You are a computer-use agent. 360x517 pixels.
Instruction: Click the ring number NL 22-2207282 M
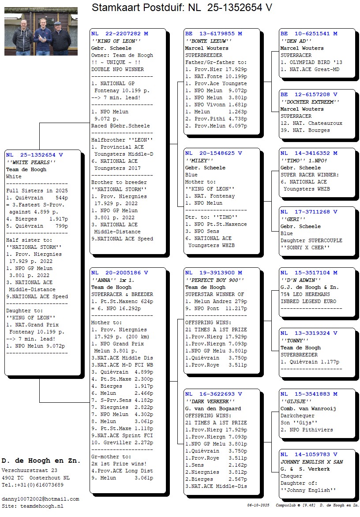[120, 34]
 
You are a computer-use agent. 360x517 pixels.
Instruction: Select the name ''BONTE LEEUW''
[208, 41]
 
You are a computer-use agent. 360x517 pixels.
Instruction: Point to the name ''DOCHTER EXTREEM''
[310, 102]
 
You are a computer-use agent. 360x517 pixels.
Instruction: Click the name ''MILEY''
[199, 161]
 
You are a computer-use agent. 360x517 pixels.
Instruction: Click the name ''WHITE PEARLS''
[30, 162]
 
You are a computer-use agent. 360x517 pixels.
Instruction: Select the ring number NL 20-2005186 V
[120, 273]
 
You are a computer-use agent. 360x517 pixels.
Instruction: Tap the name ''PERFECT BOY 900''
[214, 280]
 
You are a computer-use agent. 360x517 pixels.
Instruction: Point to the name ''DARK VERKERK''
[210, 401]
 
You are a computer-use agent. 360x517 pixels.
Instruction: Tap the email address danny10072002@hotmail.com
[40, 499]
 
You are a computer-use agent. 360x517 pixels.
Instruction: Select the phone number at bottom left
[32, 485]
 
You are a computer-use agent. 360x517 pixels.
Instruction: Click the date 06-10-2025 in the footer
[258, 505]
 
